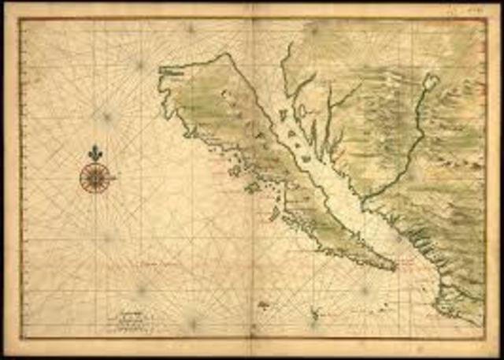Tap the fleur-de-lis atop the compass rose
point(95,151)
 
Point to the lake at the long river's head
point(430,81)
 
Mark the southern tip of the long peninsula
point(391,268)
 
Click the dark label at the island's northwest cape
point(172,70)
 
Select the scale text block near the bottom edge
point(130,316)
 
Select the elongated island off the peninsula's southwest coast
point(275,213)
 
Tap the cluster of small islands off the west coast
point(234,169)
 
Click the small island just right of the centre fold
point(264,304)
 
